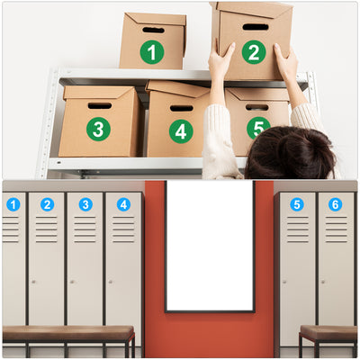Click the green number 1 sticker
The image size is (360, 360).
[x=152, y=52]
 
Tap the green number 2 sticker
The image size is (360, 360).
[x=253, y=52]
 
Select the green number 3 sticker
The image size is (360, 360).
[x=98, y=129]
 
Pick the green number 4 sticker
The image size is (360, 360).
[x=181, y=131]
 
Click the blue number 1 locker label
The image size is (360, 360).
[x=13, y=204]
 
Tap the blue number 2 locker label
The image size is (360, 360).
[x=47, y=204]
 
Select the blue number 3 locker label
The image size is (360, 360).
[x=85, y=204]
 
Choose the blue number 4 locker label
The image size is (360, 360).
[x=123, y=204]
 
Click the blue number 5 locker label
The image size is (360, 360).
[x=296, y=204]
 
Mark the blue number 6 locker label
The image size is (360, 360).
[x=335, y=204]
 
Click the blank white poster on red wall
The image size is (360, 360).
[x=210, y=245]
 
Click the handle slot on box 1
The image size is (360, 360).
[x=153, y=31]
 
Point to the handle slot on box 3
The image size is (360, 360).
[x=100, y=105]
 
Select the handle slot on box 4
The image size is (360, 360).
[x=182, y=108]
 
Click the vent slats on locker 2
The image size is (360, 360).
[x=47, y=230]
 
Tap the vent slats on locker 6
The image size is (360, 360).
[x=335, y=230]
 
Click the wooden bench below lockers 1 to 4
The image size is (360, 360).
[x=67, y=333]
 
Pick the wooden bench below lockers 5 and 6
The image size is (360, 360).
[x=328, y=333]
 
